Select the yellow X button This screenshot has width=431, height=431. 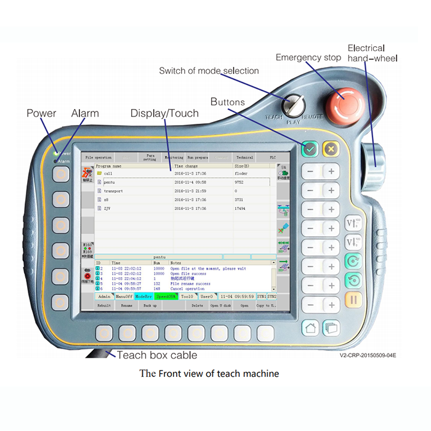point(331,148)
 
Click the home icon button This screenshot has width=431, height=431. point(310,328)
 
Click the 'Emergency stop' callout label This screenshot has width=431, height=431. point(308,58)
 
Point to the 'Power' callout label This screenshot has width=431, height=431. point(41,113)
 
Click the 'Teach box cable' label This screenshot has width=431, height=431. point(157,355)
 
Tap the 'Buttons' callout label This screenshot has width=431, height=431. point(228,102)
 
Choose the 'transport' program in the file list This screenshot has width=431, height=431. point(113,191)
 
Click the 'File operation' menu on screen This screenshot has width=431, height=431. point(99,158)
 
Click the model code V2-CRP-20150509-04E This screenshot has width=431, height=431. point(368,355)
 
